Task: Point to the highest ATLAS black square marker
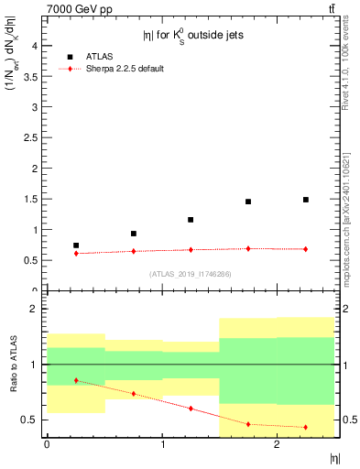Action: (306, 200)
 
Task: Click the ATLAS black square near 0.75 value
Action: (76, 245)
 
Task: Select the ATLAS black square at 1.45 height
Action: (248, 202)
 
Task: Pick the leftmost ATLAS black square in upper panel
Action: (76, 245)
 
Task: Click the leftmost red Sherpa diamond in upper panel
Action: (76, 253)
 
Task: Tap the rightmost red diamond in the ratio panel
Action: (306, 427)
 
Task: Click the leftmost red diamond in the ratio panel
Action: (76, 380)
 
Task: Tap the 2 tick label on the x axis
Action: (277, 445)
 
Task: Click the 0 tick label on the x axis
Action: (47, 445)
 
